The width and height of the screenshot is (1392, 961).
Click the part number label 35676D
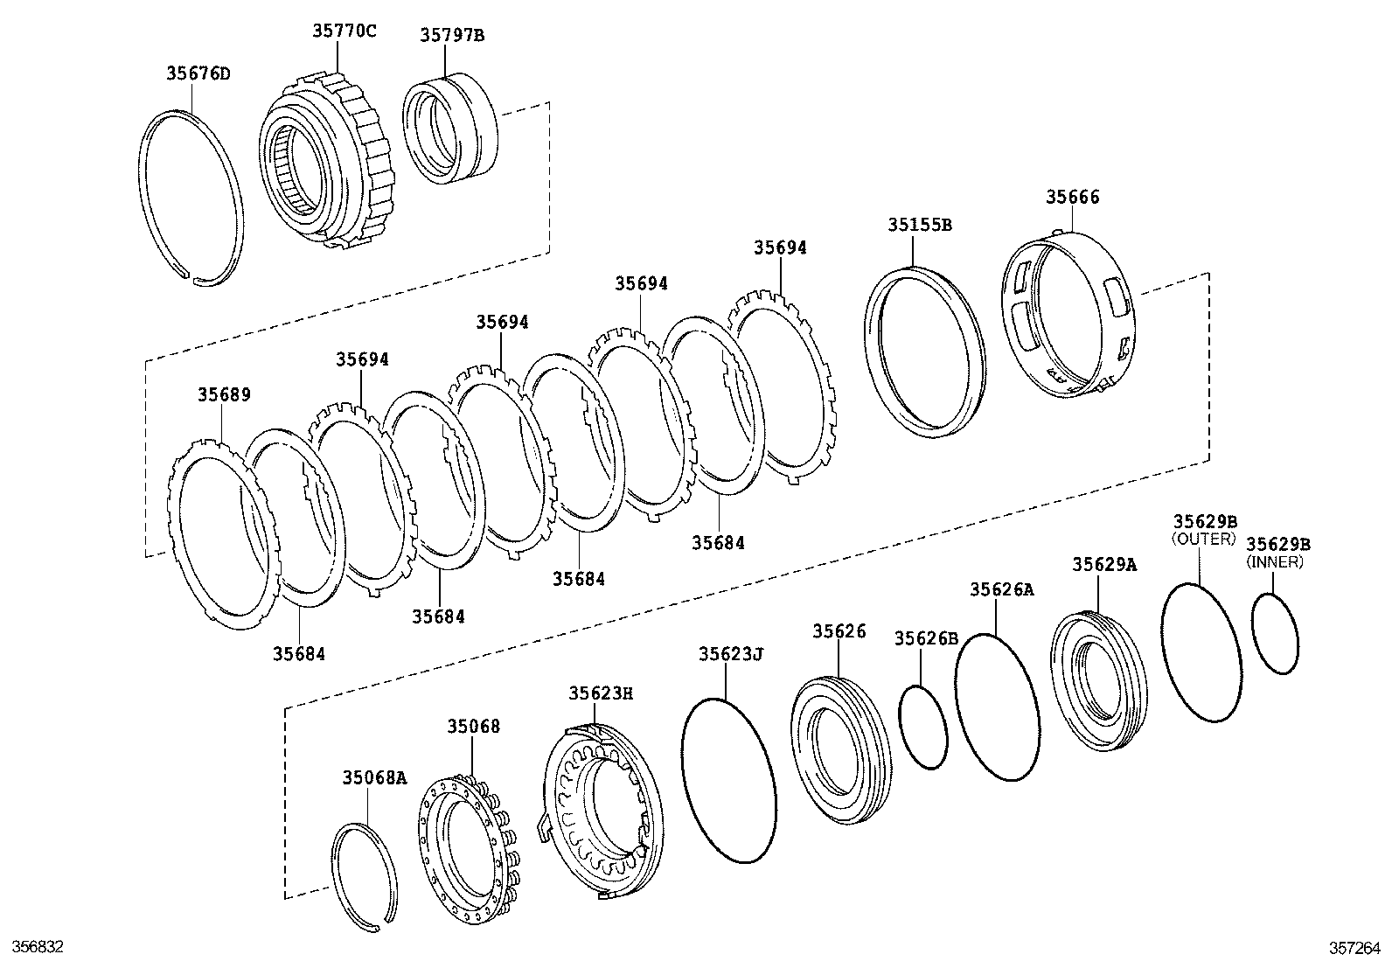[198, 73]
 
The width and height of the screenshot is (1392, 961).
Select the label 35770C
[345, 31]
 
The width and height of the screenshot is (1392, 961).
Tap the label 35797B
[451, 36]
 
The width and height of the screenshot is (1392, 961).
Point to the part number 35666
[1073, 198]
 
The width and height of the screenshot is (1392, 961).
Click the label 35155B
[920, 225]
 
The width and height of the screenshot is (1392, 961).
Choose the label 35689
[224, 394]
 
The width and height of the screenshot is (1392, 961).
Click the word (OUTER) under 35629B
[1204, 540]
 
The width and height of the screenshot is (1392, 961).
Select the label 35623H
[601, 693]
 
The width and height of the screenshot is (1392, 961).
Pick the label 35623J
[731, 654]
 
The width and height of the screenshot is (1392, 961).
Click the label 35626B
[926, 639]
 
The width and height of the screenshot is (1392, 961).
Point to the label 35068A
[374, 776]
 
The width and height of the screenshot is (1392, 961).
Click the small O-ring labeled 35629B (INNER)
[1275, 634]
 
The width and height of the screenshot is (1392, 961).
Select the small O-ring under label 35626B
[923, 727]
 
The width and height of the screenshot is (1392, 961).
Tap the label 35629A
[1104, 565]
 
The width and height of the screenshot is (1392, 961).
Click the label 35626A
[1001, 590]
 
